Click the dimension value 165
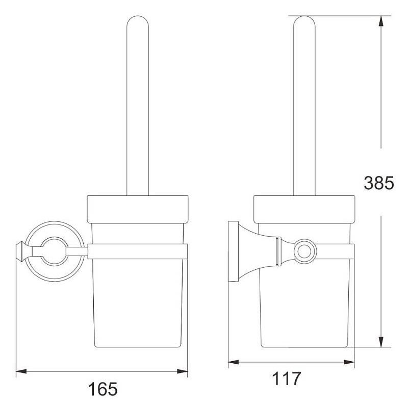(x=103, y=389)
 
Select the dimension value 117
(x=287, y=378)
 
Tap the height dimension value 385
(x=379, y=183)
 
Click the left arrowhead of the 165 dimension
(x=21, y=371)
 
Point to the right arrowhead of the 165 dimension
(x=182, y=371)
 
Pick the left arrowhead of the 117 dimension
(x=234, y=362)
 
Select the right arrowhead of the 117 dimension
(x=349, y=362)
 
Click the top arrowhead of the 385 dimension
(x=381, y=21)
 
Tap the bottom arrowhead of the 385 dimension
(x=381, y=342)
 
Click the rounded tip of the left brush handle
(x=138, y=17)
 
